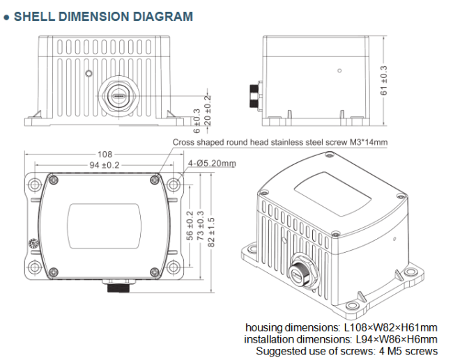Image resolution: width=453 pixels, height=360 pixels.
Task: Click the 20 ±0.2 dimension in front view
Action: pyautogui.click(x=206, y=108)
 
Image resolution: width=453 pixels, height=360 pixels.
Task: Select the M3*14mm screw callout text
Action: pyautogui.click(x=280, y=143)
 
